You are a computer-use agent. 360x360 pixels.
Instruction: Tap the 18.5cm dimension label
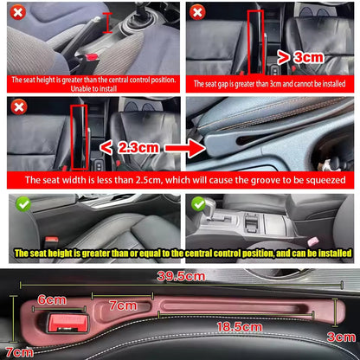240,327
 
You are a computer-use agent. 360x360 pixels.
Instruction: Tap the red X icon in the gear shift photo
17,13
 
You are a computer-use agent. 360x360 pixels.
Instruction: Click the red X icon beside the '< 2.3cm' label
17,107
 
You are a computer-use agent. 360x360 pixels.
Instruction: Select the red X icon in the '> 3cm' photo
196,13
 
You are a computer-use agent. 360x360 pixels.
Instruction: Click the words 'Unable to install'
93,87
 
